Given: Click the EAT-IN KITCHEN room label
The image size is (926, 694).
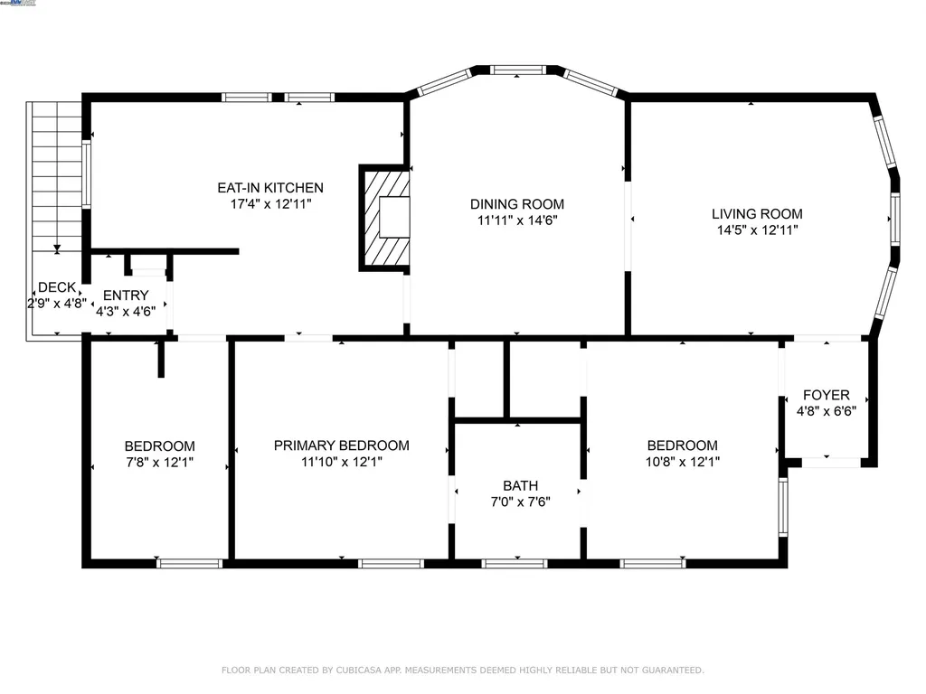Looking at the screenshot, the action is tap(270, 188).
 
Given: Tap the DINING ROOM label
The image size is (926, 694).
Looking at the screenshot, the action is tap(516, 204).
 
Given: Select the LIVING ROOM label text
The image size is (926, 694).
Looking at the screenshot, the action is tap(757, 213).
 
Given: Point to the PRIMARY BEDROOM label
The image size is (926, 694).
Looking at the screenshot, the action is tap(341, 445).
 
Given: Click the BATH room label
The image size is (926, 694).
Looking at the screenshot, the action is tap(520, 485).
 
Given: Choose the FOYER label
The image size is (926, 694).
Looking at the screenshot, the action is tap(827, 395).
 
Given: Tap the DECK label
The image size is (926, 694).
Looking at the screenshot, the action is tap(57, 287).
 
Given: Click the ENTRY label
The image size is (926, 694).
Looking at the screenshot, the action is tap(126, 295).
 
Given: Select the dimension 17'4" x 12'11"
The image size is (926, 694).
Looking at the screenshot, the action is tap(270, 204).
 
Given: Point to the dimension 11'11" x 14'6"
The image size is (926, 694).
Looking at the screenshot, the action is tap(517, 220).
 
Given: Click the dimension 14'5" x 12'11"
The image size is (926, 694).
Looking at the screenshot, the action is tap(757, 230).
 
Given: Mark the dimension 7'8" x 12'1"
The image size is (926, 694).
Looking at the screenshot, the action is tap(159, 462).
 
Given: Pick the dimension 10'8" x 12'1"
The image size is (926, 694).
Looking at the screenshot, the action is tap(682, 462).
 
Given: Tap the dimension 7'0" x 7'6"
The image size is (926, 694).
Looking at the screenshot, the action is tap(520, 502).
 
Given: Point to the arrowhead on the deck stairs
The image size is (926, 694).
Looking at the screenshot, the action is tap(57, 249).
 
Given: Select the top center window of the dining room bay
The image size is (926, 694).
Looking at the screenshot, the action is tap(517, 70).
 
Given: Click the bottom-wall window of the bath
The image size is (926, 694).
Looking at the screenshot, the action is tap(515, 564).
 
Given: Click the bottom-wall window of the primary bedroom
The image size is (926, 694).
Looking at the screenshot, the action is tap(391, 564).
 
